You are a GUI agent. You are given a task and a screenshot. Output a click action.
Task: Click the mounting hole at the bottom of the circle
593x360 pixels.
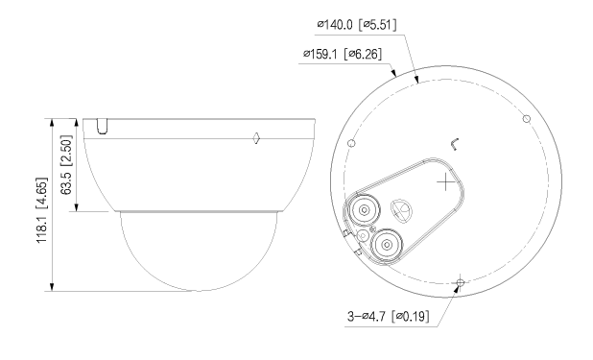(x=461, y=282)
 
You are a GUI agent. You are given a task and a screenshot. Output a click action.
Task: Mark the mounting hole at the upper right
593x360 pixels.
(x=526, y=119)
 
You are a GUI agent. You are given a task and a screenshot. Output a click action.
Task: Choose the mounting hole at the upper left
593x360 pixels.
(x=351, y=143)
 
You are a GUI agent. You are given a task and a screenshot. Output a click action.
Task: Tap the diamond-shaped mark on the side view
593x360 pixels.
(x=256, y=136)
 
